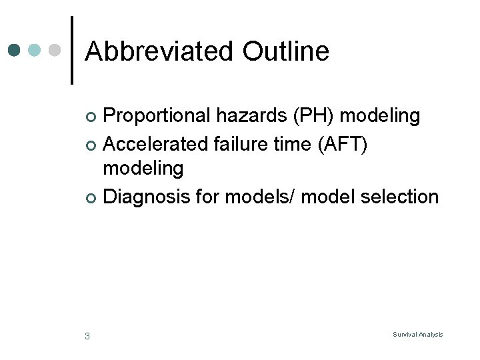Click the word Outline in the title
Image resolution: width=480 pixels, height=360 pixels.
(286, 51)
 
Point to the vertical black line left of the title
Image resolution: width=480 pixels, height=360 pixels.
(72, 51)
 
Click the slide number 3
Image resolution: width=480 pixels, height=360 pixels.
(87, 335)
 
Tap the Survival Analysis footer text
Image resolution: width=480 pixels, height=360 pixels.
(417, 335)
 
